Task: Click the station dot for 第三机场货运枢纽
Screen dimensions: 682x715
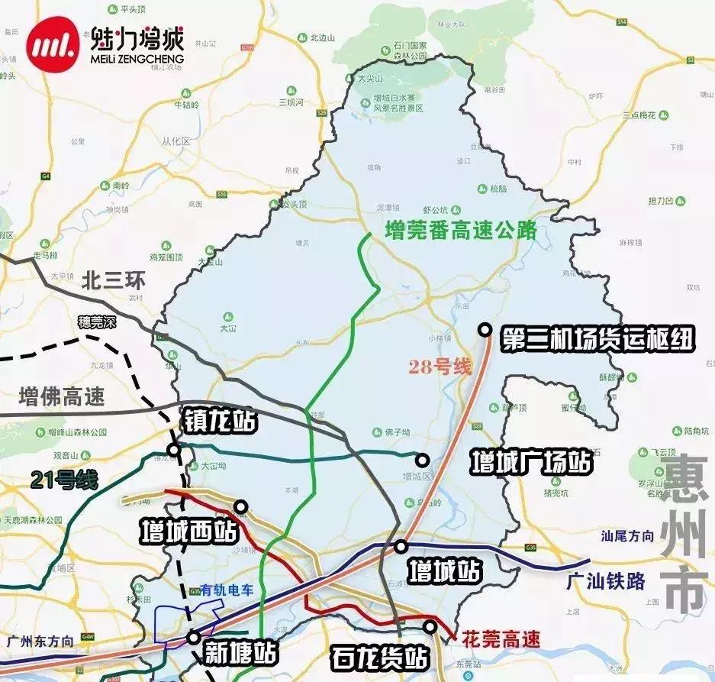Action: tap(485, 329)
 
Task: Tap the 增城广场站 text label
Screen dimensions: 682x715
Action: tap(531, 461)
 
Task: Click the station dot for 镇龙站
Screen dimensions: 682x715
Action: tap(175, 450)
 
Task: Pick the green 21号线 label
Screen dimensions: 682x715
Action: tap(65, 480)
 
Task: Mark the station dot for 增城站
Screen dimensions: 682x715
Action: tap(401, 546)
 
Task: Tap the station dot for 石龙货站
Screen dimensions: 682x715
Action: tap(431, 626)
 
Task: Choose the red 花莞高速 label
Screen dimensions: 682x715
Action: tap(501, 638)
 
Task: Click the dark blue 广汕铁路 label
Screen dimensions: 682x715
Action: tap(607, 581)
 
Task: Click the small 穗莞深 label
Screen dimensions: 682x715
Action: tap(97, 322)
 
